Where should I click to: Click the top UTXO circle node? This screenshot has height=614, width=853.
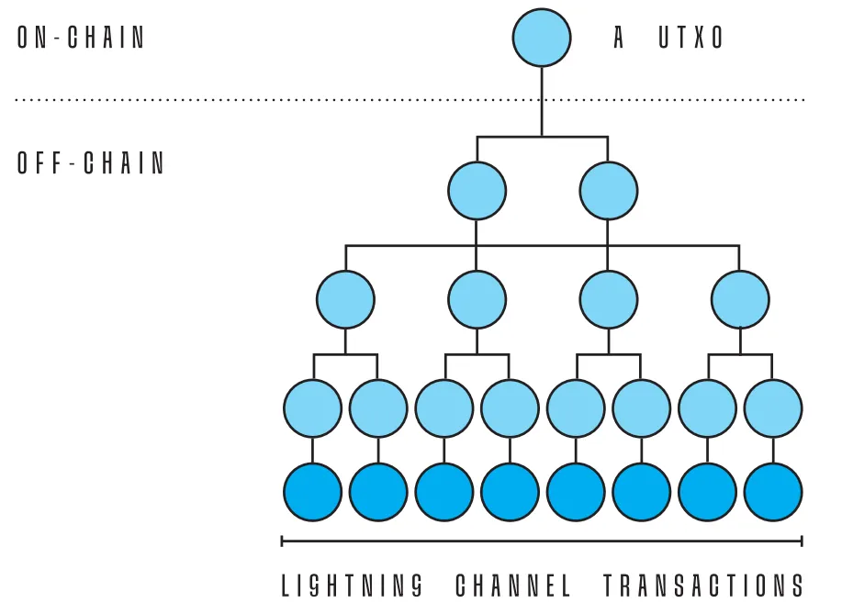click(x=541, y=38)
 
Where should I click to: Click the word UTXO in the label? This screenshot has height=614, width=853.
click(x=692, y=38)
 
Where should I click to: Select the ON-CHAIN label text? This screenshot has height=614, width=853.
click(x=82, y=38)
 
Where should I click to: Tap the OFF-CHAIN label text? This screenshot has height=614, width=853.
click(x=91, y=163)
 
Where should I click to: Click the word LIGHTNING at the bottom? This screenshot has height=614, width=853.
click(x=353, y=585)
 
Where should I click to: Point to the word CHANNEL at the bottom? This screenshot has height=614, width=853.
click(x=513, y=585)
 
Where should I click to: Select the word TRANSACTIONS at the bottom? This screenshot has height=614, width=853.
click(x=703, y=585)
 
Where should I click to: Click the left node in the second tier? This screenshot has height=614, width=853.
click(x=477, y=191)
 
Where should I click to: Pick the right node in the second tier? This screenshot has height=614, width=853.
click(x=608, y=191)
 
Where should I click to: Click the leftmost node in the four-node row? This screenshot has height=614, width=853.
click(x=345, y=299)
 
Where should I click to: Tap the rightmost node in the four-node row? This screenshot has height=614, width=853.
click(x=740, y=299)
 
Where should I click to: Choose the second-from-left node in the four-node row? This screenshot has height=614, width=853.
click(x=477, y=299)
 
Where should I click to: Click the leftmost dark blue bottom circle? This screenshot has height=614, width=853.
click(x=312, y=493)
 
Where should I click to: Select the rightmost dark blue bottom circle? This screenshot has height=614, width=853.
click(x=773, y=493)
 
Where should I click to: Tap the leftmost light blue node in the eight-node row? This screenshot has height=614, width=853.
click(x=312, y=407)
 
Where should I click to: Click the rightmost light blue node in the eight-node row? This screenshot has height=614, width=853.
click(x=773, y=407)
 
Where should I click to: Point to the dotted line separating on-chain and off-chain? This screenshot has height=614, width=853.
click(x=275, y=99)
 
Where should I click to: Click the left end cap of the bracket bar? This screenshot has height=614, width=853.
click(x=282, y=541)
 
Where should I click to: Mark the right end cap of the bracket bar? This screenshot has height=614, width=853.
click(x=802, y=541)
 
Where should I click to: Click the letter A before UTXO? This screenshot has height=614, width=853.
click(x=620, y=38)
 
